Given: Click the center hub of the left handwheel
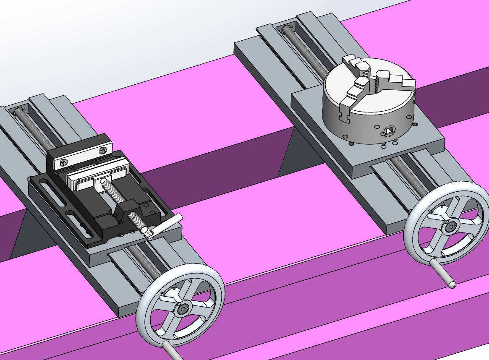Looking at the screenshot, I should click(182, 310).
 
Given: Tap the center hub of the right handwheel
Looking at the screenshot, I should click(450, 227).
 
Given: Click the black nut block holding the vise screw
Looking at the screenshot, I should click(128, 209).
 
